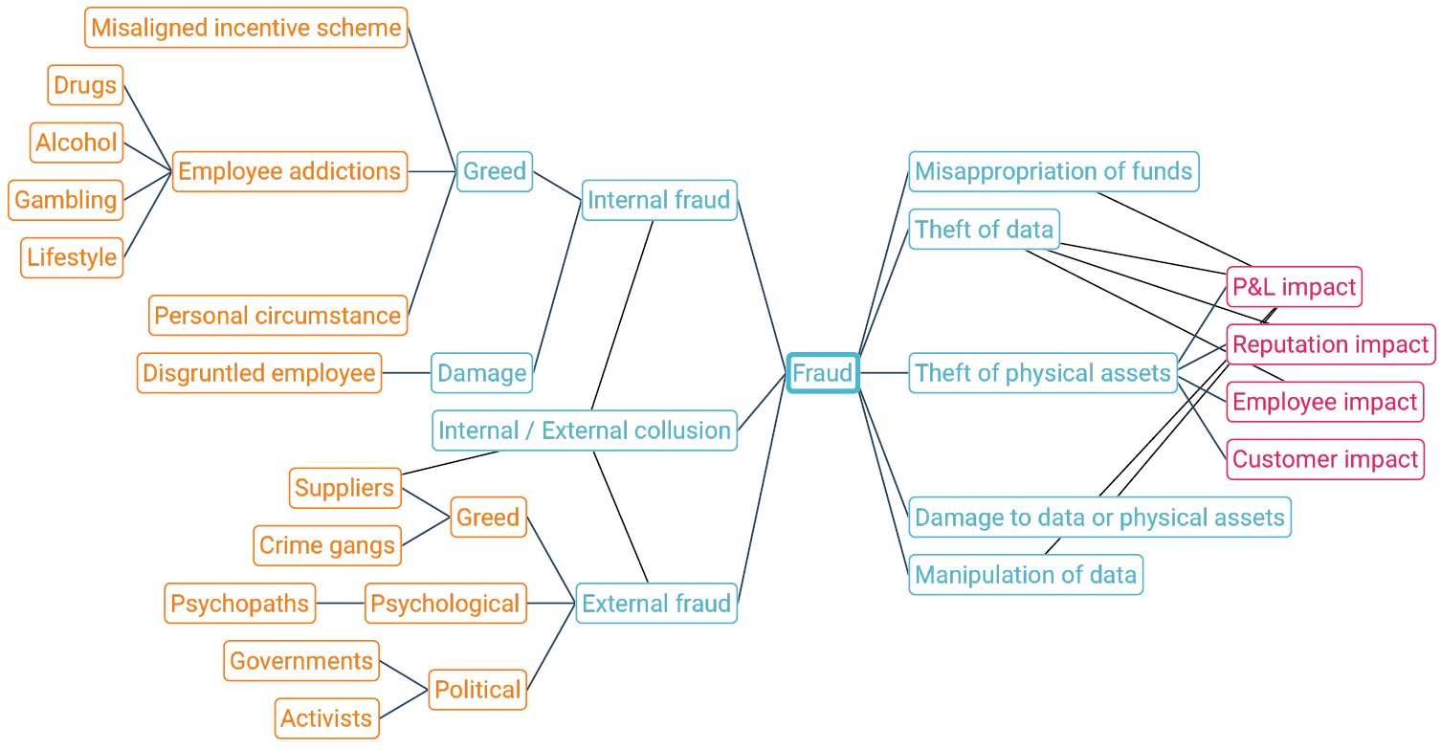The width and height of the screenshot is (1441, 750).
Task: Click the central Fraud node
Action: pos(822,373)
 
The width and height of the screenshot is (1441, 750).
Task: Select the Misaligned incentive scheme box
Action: pos(246,28)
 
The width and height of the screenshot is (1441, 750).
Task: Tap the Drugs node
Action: pos(85,85)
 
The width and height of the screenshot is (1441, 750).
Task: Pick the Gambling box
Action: pos(66,200)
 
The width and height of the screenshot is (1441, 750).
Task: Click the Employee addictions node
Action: pos(289,171)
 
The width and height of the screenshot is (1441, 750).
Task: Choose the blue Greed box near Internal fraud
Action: pos(494,171)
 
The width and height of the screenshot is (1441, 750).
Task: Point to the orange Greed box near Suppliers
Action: pos(488,518)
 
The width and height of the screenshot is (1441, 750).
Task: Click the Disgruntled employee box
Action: pos(259,373)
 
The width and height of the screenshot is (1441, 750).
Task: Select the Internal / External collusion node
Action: pos(585,430)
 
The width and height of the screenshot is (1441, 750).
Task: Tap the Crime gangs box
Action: pos(327,545)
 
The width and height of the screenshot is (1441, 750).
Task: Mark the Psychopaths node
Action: pos(239,604)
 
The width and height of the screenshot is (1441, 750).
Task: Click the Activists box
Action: pos(326,718)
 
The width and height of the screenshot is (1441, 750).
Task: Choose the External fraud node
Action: pos(656,604)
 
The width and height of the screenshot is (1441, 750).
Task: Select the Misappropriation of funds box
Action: pos(1053,171)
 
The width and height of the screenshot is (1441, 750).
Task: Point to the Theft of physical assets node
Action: pos(1043,373)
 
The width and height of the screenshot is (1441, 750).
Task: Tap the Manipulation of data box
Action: pos(1026,575)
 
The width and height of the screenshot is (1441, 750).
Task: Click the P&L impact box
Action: pos(1294,287)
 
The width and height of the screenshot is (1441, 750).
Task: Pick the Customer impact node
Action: pos(1325,459)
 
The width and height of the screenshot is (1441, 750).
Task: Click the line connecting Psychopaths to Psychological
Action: pos(340,604)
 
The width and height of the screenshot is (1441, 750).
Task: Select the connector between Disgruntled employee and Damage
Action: pos(406,373)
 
